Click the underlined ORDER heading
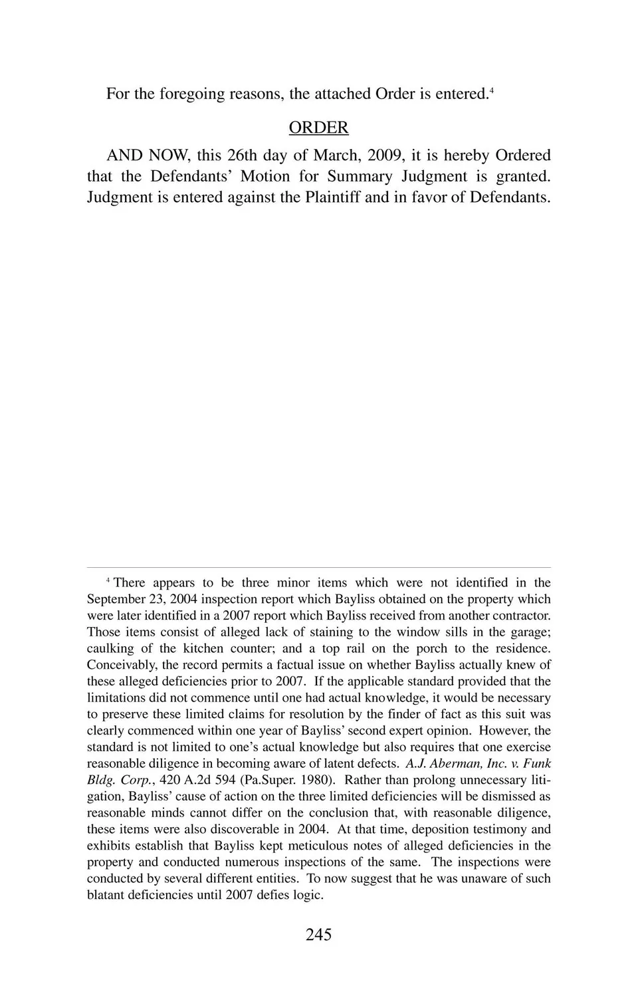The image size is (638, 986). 318,127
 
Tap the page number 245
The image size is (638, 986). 318,934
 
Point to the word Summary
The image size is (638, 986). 360,176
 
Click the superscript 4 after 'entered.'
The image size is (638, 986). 491,90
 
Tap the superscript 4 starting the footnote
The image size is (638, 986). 108,581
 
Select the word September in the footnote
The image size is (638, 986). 116,599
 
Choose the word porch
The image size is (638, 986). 433,648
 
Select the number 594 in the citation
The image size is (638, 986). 226,780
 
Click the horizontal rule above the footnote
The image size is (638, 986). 318,567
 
